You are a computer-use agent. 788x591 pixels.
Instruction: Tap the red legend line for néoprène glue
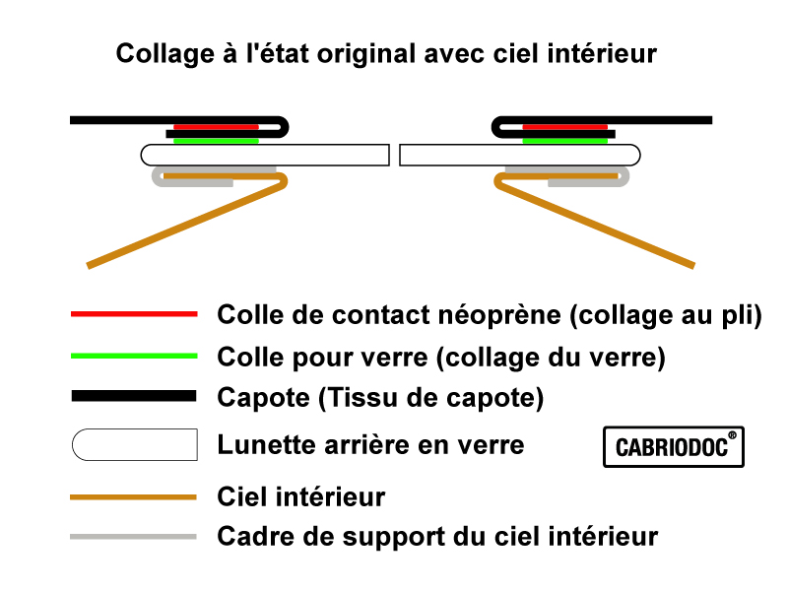point(134,314)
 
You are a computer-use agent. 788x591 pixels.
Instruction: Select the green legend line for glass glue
point(134,356)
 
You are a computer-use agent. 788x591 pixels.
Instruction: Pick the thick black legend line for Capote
point(134,396)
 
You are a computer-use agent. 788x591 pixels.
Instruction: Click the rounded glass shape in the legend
point(134,444)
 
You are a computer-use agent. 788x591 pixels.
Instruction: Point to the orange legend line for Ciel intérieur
point(134,496)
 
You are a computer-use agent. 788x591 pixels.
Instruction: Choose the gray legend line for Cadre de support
point(134,537)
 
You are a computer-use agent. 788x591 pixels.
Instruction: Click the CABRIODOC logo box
point(673,446)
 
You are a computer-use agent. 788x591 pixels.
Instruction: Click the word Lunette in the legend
point(257,445)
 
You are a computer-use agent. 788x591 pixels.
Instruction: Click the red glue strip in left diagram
point(216,127)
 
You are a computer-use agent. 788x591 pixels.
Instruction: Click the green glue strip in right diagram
point(564,141)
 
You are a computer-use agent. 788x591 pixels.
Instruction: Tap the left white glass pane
point(265,155)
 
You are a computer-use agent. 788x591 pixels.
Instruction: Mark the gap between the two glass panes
point(394,155)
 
